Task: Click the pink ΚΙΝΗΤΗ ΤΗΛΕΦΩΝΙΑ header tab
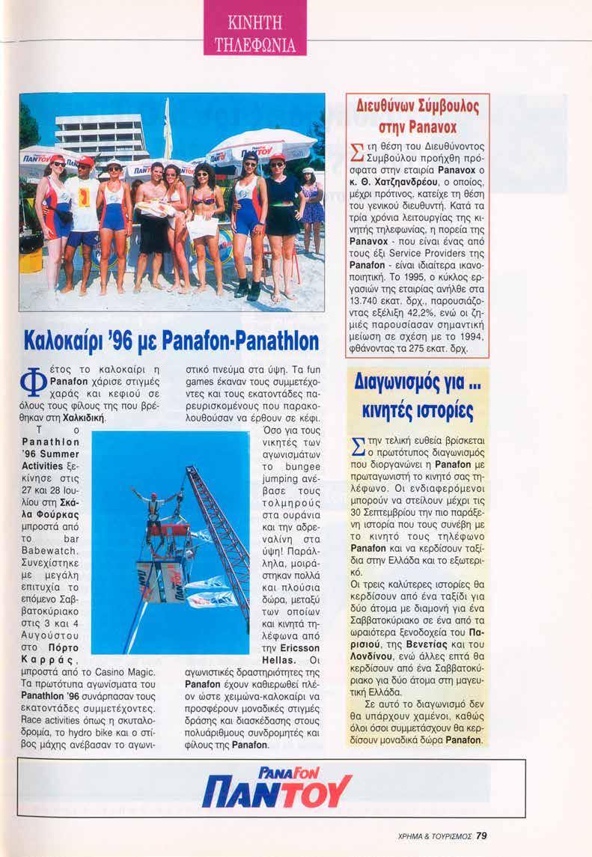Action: tap(254, 27)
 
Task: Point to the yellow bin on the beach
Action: tap(31, 259)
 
